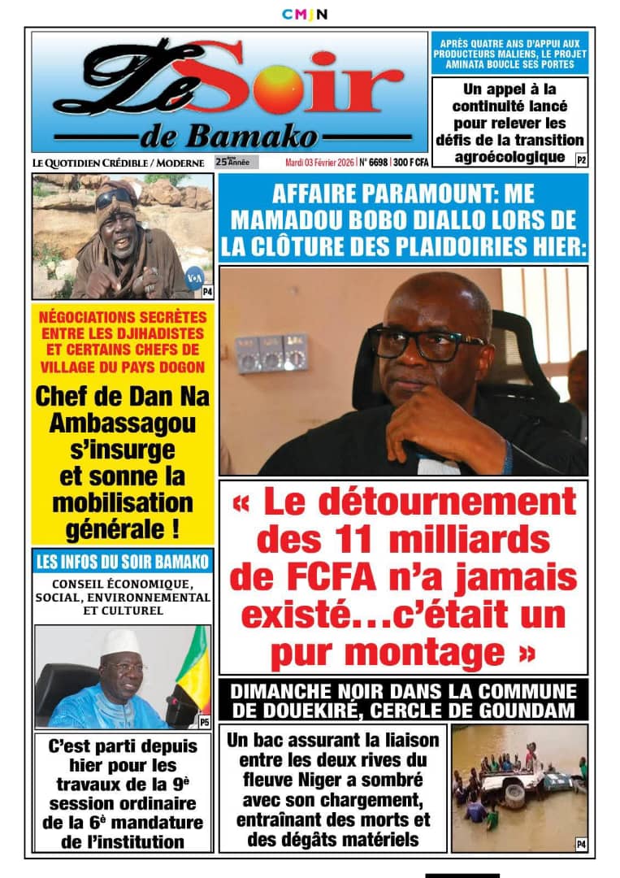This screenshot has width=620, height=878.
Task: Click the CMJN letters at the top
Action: tap(305, 14)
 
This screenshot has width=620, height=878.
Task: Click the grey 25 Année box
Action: tap(236, 162)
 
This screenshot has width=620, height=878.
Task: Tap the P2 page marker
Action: tap(581, 160)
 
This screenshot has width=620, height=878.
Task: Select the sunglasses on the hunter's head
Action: tap(115, 198)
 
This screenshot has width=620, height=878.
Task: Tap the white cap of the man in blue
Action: tap(120, 643)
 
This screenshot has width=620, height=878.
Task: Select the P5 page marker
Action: tap(204, 721)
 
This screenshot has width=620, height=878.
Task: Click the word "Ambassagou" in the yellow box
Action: tap(123, 423)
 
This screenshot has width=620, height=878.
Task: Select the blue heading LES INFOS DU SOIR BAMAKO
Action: tap(123, 561)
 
